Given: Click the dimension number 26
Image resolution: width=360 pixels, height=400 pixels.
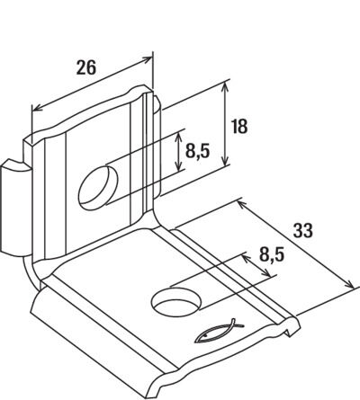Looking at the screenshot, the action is pyautogui.click(x=86, y=67).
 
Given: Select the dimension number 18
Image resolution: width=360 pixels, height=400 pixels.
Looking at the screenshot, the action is pyautogui.click(x=239, y=126).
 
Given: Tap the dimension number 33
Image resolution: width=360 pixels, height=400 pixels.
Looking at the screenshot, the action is pyautogui.click(x=302, y=230).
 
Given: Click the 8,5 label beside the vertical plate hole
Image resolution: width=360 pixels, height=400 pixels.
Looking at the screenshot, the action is pyautogui.click(x=197, y=151).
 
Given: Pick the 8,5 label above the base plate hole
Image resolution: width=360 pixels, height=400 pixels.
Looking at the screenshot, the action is pyautogui.click(x=272, y=255).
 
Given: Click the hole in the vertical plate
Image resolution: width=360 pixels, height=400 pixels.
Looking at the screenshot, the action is pyautogui.click(x=98, y=188).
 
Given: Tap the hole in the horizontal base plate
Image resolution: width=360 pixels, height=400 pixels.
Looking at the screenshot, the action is pyautogui.click(x=176, y=302).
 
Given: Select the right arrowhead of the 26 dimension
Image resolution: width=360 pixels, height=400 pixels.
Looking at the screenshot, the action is pyautogui.click(x=147, y=59).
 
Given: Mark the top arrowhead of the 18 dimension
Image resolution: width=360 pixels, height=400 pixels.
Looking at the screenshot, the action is pyautogui.click(x=226, y=86).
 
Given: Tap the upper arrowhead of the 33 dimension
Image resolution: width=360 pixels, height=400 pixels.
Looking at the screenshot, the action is pyautogui.click(x=242, y=205).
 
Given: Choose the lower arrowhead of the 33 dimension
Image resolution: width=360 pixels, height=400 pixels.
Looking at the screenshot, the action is pyautogui.click(x=349, y=284).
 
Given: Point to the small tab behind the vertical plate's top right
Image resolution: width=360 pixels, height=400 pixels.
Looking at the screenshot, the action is pyautogui.click(x=157, y=147).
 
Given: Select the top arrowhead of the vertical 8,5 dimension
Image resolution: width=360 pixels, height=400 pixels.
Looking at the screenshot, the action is pyautogui.click(x=179, y=138).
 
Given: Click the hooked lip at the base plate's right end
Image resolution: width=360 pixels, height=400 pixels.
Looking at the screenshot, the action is pyautogui.click(x=291, y=326).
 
